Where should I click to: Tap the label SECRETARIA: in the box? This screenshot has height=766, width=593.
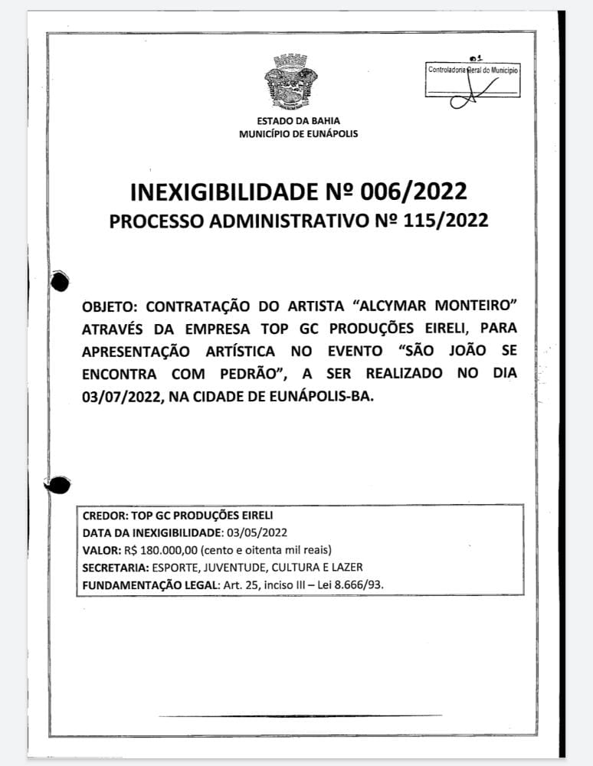pyautogui.click(x=116, y=568)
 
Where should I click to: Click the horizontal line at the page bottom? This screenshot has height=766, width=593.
pyautogui.click(x=300, y=716)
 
